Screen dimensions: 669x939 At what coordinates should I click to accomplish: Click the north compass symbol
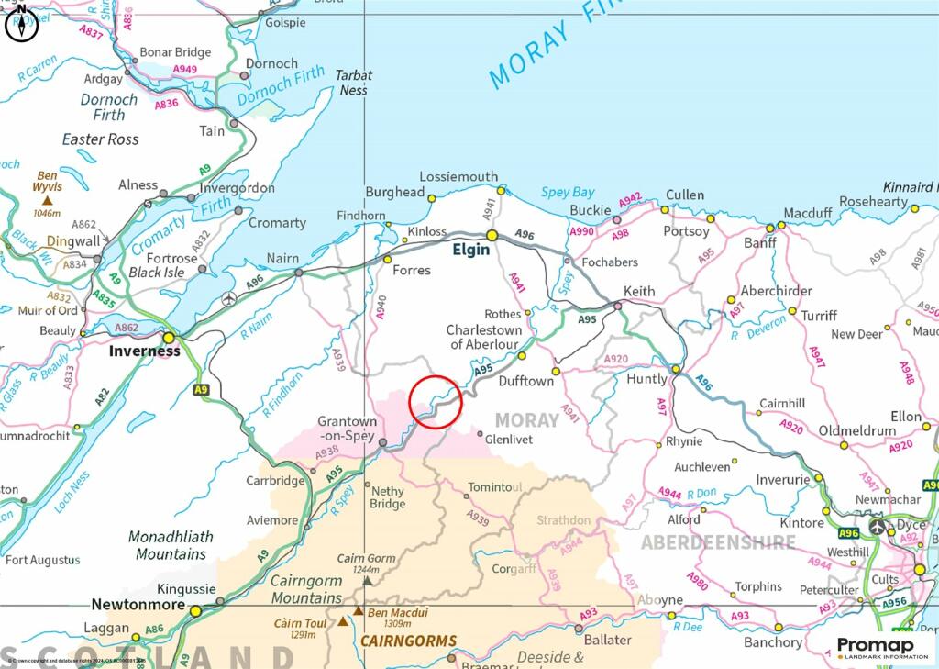point(21,25)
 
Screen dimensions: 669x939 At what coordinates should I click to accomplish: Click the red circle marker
point(435,402)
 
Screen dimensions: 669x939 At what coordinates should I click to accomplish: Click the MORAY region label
point(526,420)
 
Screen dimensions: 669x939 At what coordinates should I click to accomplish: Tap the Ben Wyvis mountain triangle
point(47,199)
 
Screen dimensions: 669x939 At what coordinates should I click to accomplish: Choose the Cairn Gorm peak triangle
point(368,580)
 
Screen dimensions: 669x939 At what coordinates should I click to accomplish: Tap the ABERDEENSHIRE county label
point(718,542)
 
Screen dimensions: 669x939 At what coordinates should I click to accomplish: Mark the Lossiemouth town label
point(458,176)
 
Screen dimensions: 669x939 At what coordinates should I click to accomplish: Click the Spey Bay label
point(567,193)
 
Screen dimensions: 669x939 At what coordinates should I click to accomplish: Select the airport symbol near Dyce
point(878,526)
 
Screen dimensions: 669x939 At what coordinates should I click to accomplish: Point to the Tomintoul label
point(494,486)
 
